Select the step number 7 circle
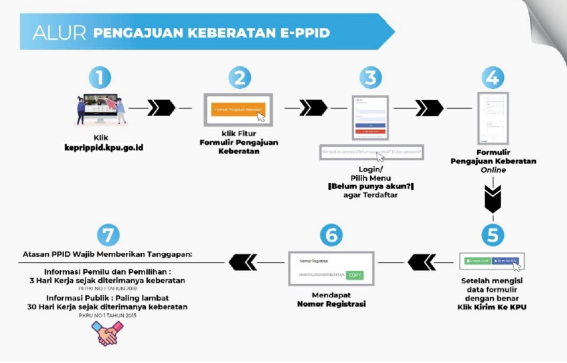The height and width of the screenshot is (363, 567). [x=109, y=236]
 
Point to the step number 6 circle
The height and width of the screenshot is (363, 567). [x=332, y=236]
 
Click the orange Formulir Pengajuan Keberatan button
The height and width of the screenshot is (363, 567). [x=238, y=109]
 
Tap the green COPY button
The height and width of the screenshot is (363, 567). [x=355, y=275]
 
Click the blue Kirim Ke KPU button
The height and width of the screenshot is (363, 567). [x=507, y=261]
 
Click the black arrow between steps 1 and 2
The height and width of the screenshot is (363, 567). [x=161, y=108]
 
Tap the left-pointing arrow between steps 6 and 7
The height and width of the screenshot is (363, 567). [x=243, y=263]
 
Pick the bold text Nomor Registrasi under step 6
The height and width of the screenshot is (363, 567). [x=332, y=304]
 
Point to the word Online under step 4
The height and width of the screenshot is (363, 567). [x=493, y=170]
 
